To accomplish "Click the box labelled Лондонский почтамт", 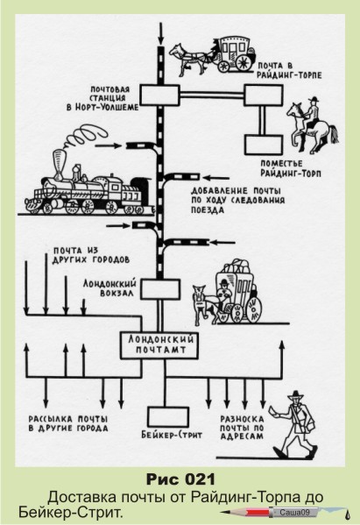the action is click(x=159, y=345).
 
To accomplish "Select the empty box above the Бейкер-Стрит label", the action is click(x=168, y=417).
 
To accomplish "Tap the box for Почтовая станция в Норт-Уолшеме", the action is click(x=159, y=96).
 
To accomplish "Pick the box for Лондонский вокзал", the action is click(x=160, y=289).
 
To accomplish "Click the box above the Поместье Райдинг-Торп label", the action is click(x=264, y=145).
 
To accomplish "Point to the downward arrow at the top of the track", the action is click(x=161, y=33).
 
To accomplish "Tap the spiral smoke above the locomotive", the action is click(x=84, y=136).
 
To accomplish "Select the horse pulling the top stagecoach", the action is click(x=189, y=58).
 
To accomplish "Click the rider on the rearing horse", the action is click(x=312, y=114).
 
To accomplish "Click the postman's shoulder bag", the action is click(x=308, y=423).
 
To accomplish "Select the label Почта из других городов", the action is click(x=91, y=255).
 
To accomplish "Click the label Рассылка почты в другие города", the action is click(x=68, y=423).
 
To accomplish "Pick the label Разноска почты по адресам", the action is click(x=242, y=427).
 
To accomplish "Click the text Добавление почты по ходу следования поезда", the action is click(x=238, y=200).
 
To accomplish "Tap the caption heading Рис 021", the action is click(x=180, y=479).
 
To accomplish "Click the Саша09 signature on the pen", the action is click(x=294, y=512).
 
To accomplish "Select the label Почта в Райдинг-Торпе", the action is click(x=289, y=71).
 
